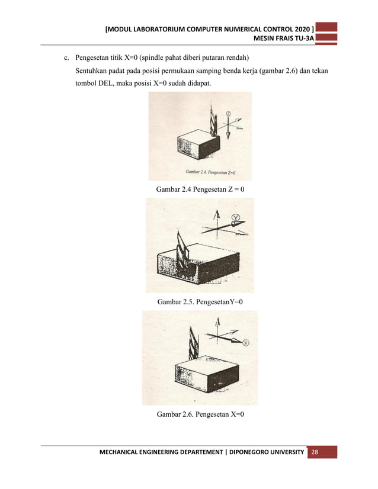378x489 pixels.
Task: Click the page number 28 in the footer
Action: click(314, 452)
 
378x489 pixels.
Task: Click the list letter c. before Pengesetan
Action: click(68, 58)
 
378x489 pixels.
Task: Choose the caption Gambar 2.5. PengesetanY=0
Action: click(200, 302)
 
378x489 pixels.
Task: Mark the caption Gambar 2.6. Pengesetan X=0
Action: click(200, 414)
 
